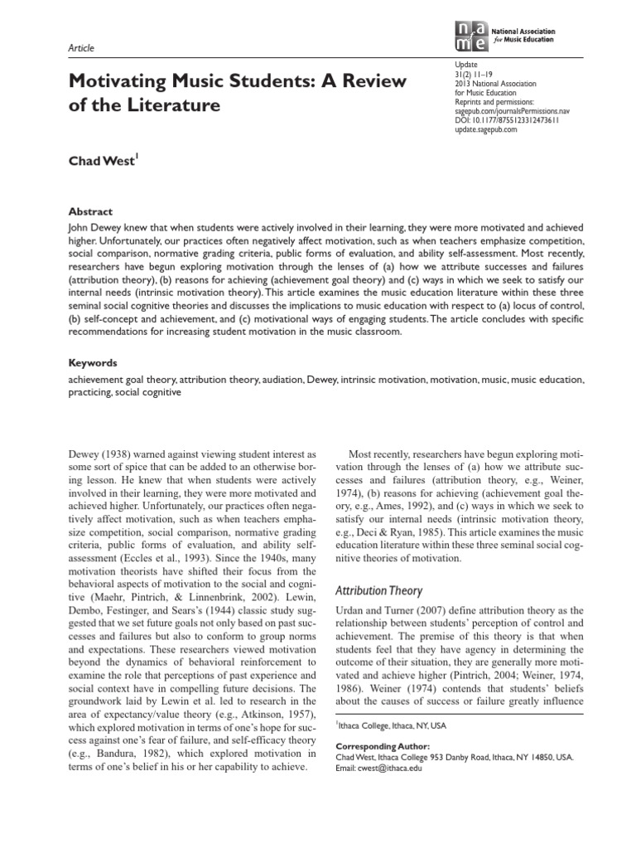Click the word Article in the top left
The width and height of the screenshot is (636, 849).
pos(81,49)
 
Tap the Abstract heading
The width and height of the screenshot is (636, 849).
pos(90,211)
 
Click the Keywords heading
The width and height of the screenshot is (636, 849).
pos(93,363)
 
